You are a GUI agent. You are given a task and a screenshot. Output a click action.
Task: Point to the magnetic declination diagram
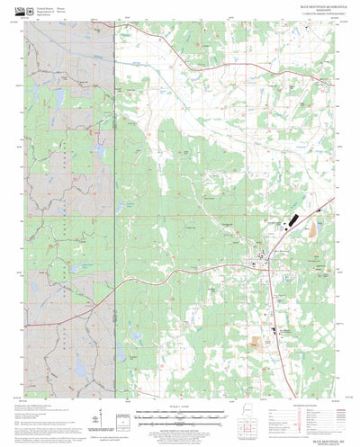(102, 400)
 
